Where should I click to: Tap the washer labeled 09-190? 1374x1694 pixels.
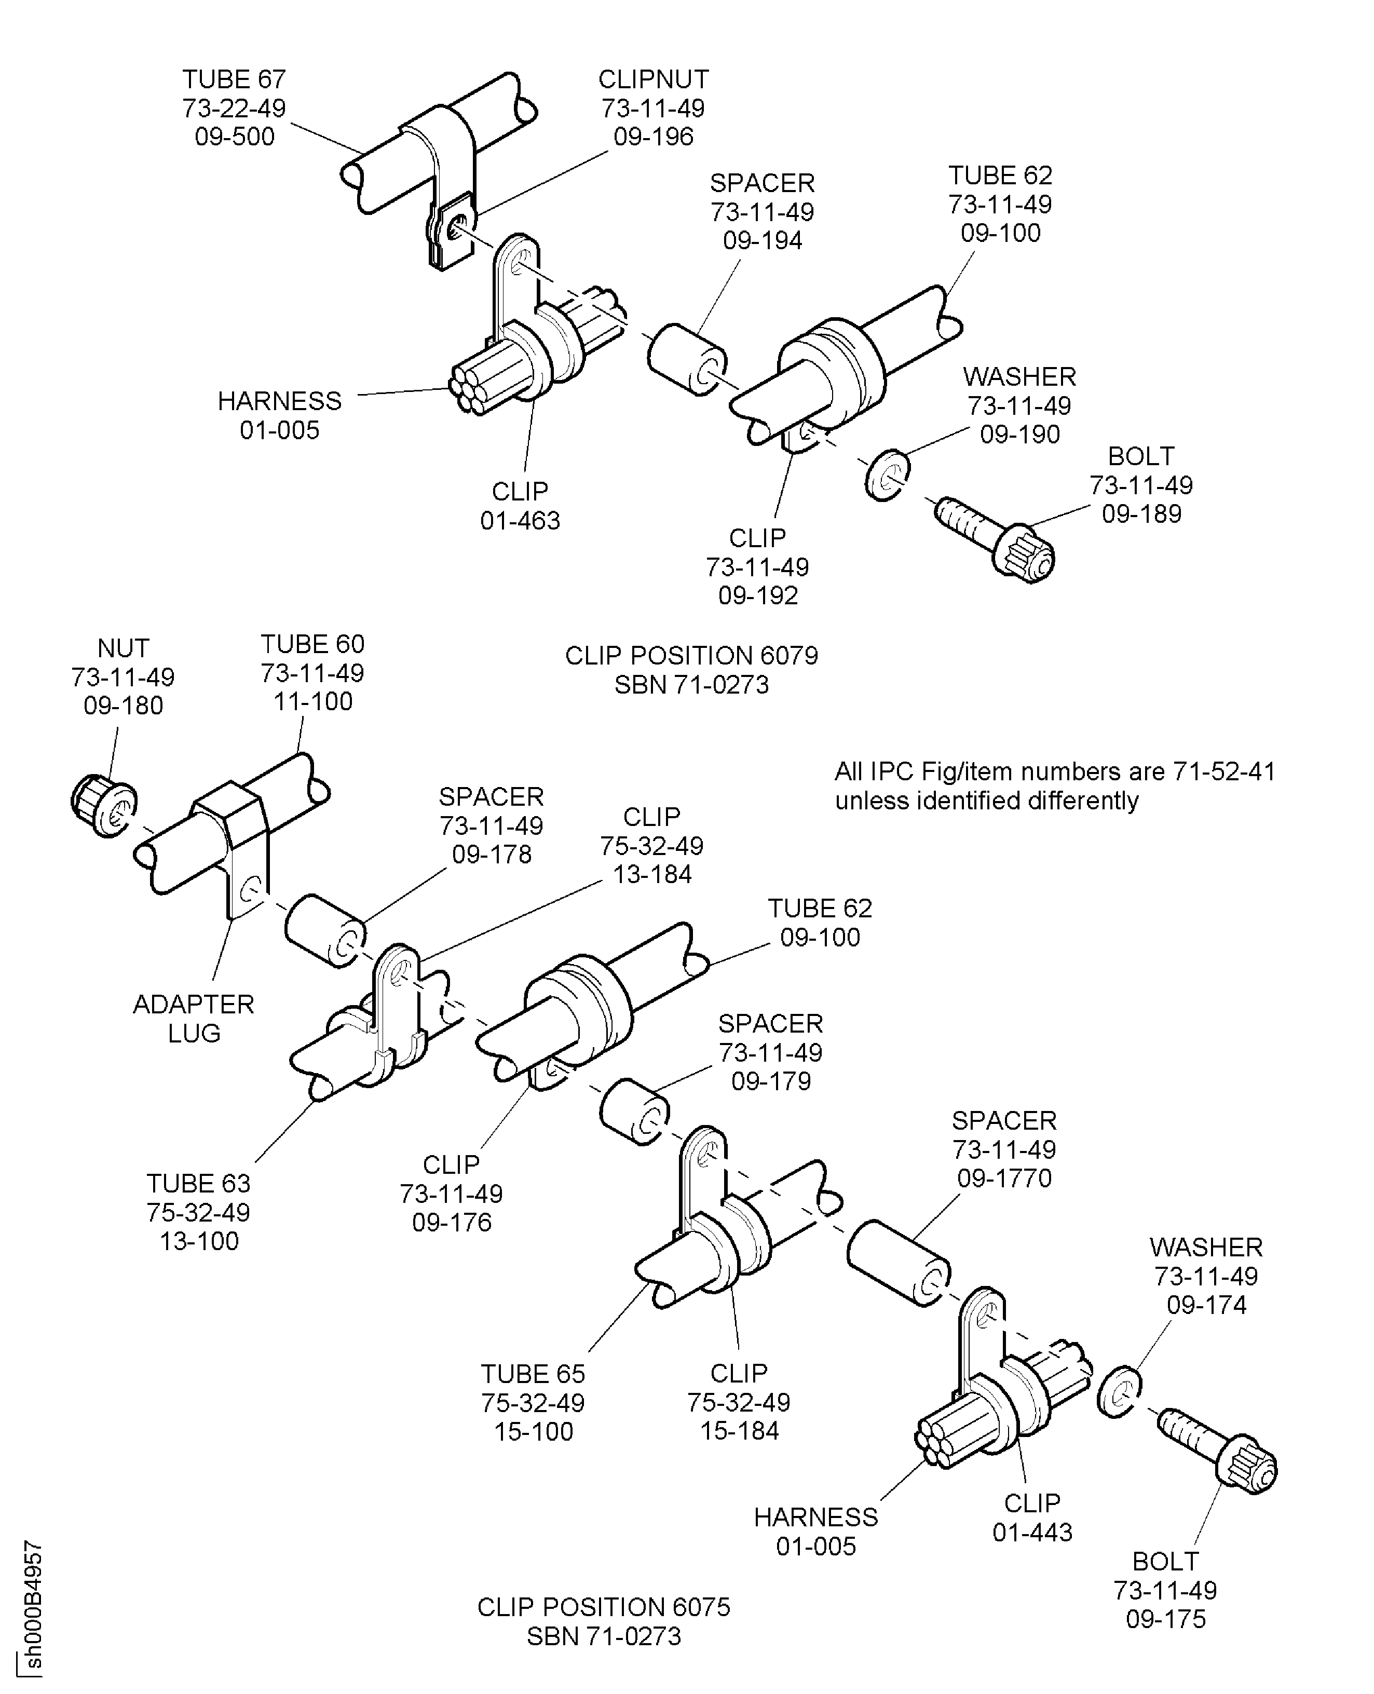tap(887, 475)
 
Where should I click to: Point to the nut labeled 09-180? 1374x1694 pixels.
tap(103, 807)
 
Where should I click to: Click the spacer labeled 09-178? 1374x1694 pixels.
tap(324, 931)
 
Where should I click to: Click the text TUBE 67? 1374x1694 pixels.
tap(234, 79)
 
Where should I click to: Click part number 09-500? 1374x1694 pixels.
tap(234, 136)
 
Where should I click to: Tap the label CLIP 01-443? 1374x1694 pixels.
tap(1032, 1517)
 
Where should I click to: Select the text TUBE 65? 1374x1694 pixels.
tap(533, 1373)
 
